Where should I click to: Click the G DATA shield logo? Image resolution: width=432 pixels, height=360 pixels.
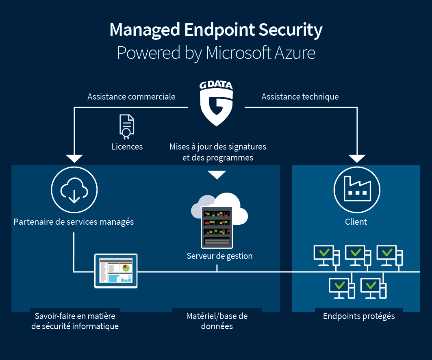[216, 103]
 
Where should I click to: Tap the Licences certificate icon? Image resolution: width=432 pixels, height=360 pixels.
[127, 127]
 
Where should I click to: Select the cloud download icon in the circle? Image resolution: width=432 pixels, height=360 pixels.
[74, 190]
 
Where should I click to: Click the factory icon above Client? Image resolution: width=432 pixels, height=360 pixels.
[357, 189]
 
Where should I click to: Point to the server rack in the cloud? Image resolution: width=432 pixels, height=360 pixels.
[217, 227]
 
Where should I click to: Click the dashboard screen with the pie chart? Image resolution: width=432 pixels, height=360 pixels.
[116, 271]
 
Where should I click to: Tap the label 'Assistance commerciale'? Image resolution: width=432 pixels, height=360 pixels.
[131, 97]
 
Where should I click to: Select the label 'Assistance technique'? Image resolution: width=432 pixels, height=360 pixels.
[300, 97]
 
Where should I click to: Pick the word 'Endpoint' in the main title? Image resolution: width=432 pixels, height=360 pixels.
[219, 30]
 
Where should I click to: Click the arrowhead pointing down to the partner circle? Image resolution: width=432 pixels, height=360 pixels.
[74, 158]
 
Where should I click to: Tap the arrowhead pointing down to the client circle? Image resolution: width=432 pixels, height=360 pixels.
[357, 158]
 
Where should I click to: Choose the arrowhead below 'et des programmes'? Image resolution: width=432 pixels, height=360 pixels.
[217, 175]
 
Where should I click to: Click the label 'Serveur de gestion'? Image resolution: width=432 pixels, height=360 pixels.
[219, 256]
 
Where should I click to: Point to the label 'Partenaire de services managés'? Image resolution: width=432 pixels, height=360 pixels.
[74, 222]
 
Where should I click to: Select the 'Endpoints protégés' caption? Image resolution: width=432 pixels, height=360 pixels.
[359, 316]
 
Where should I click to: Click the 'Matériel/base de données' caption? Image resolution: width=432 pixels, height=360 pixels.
[217, 321]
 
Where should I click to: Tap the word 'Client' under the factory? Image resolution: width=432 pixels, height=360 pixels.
[356, 222]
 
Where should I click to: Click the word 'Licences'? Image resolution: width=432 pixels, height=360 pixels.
[127, 147]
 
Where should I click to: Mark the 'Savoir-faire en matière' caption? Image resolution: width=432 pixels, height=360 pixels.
[75, 316]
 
